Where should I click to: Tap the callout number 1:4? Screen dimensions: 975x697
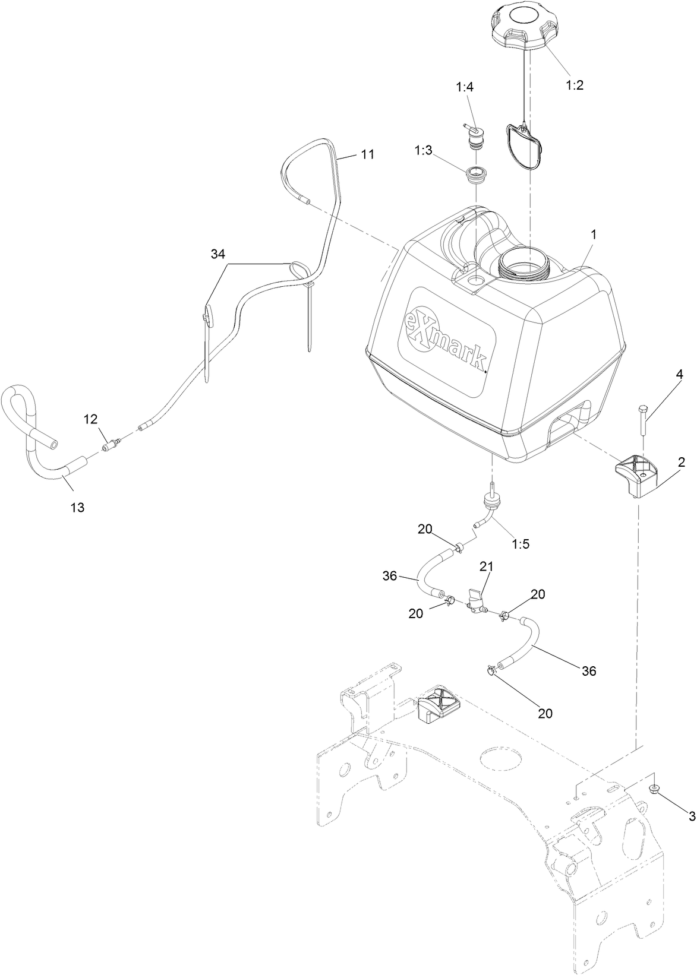(465, 87)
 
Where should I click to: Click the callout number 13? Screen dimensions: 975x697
(77, 508)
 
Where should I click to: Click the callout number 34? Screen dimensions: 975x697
(218, 254)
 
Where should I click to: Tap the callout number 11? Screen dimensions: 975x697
(367, 154)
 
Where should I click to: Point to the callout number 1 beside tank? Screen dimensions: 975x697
(592, 235)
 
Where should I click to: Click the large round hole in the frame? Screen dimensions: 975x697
(502, 759)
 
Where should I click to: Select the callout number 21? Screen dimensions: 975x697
(487, 567)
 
